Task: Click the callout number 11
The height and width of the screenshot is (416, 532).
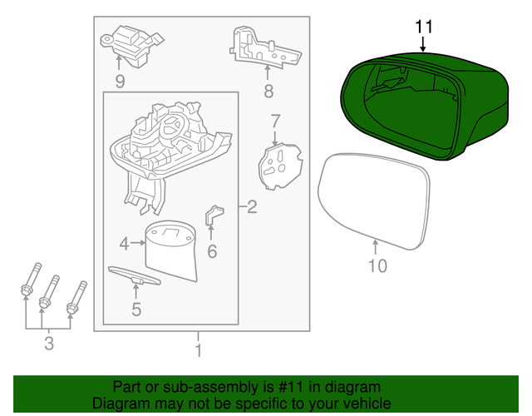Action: [424, 26]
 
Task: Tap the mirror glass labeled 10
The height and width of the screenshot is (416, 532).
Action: [376, 198]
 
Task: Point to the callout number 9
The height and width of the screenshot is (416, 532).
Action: [120, 81]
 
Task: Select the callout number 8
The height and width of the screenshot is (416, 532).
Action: [268, 91]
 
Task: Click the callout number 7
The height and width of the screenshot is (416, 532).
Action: [275, 122]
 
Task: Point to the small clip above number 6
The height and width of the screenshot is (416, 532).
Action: [214, 215]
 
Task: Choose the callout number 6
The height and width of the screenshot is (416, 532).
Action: [212, 250]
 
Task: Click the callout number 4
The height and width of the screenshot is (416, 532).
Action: [124, 244]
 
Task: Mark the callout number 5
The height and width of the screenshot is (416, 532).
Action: [136, 310]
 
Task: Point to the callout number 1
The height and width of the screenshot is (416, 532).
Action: [198, 349]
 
